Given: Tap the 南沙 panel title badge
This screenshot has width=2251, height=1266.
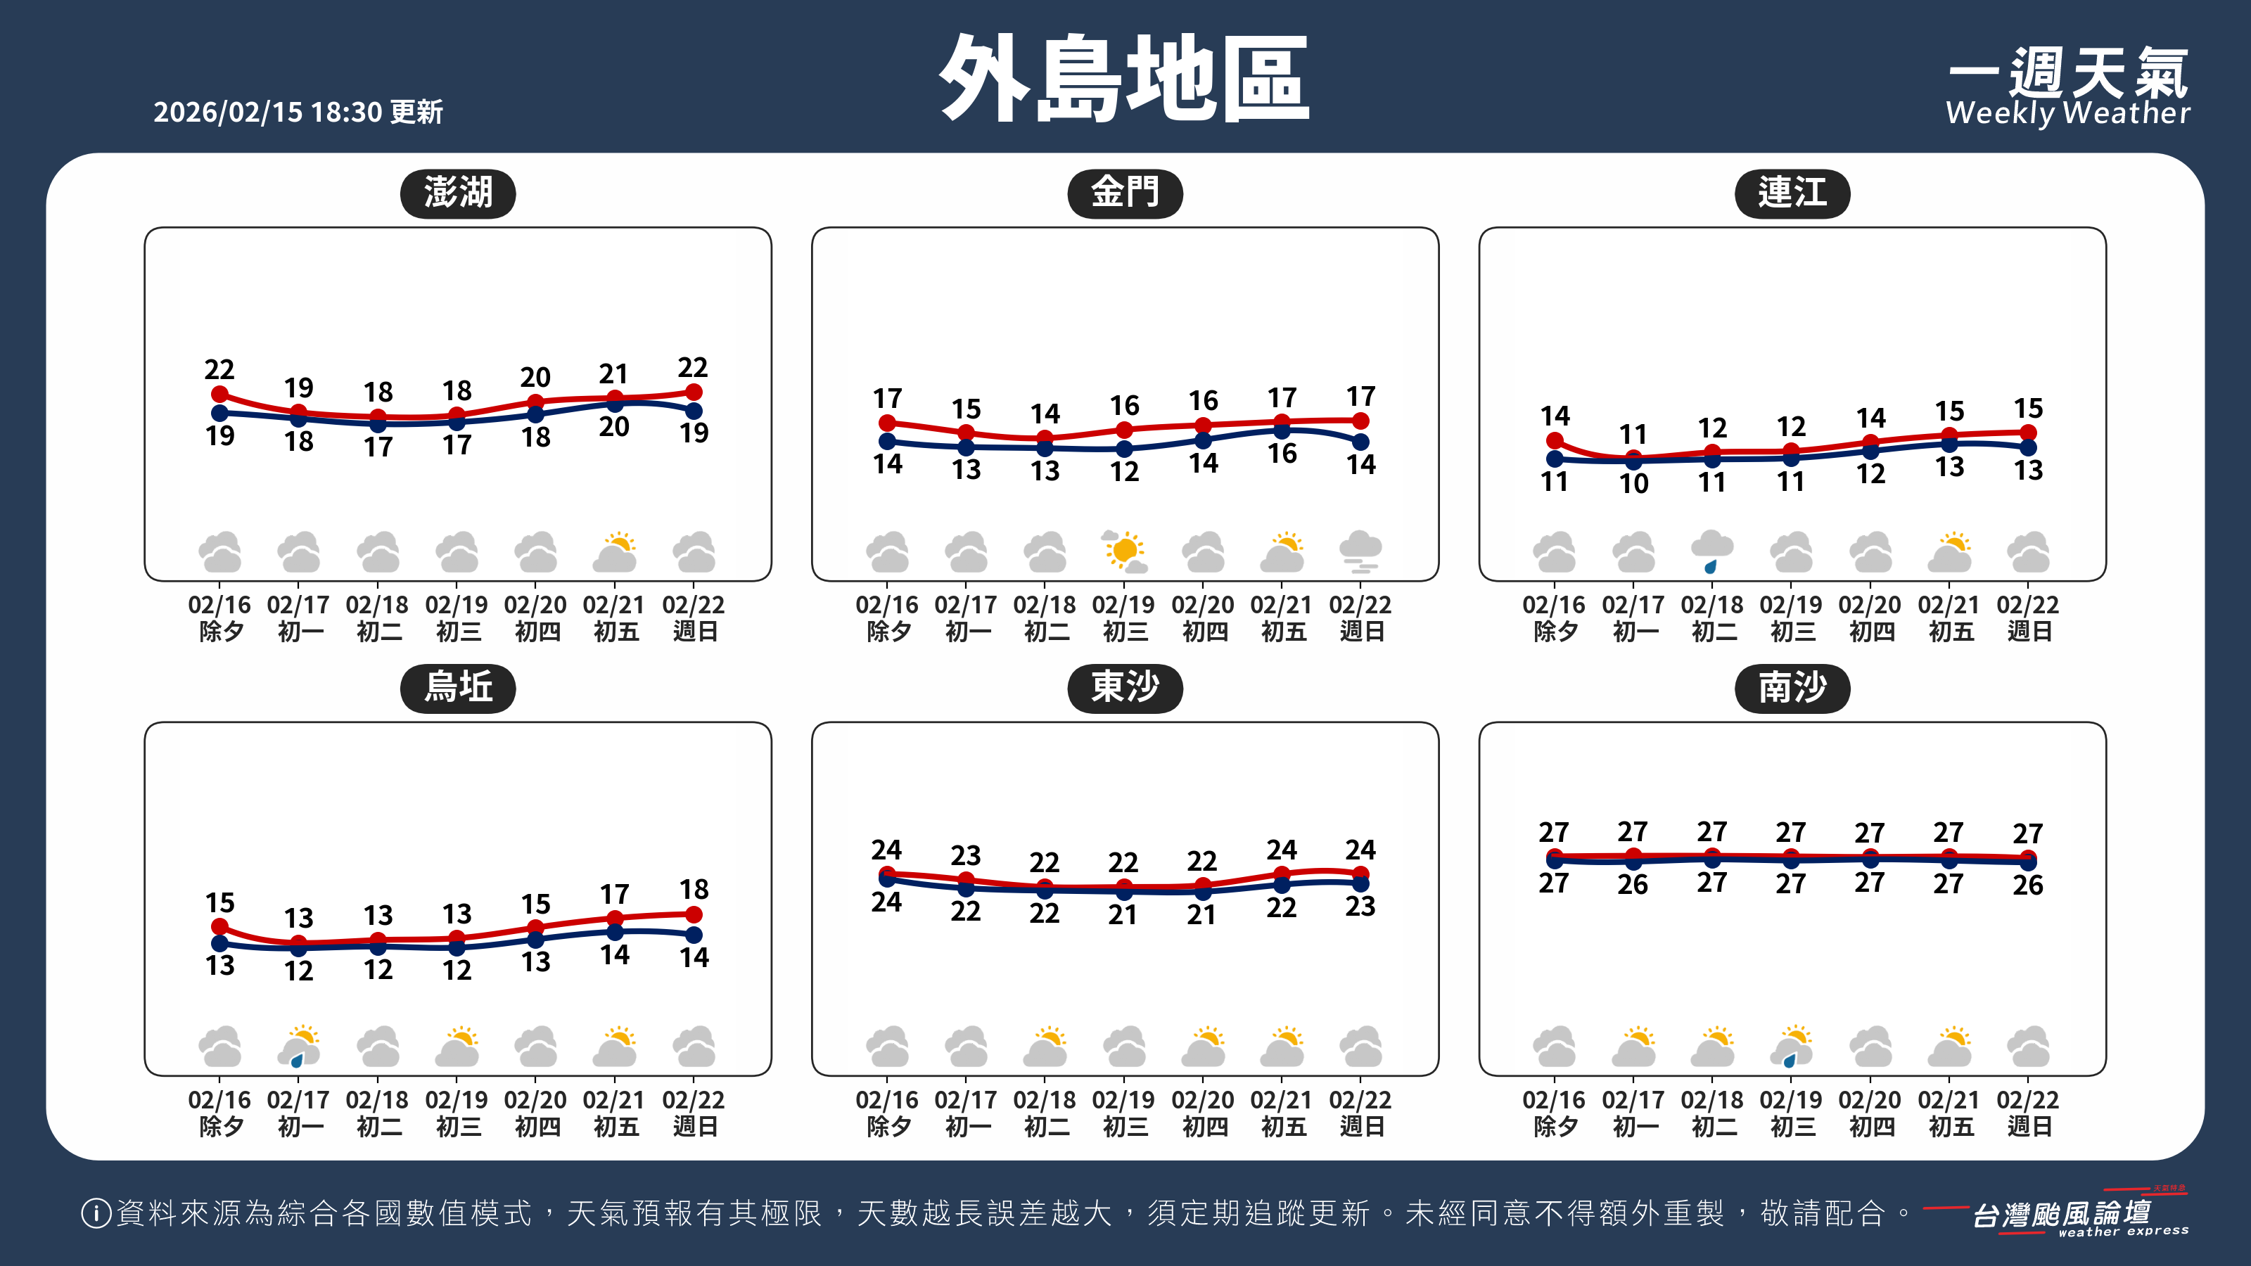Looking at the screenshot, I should click(1792, 688).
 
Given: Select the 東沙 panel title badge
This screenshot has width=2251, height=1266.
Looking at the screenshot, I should click(1125, 688).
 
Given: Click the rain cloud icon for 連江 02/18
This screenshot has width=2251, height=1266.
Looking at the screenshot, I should click(1712, 551).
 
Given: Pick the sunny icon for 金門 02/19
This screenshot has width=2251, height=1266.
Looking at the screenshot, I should click(1124, 551).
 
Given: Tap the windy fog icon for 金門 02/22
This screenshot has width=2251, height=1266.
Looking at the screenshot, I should click(1360, 551).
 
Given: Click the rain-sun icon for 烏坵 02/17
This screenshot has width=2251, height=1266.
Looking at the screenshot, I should click(299, 1046).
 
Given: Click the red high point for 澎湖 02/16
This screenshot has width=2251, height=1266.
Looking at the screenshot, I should click(220, 395).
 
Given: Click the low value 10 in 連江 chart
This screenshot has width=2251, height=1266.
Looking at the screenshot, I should click(1633, 483).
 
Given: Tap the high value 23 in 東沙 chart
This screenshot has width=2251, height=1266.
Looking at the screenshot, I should click(966, 855).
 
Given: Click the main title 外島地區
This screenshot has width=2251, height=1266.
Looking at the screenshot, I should click(1124, 79).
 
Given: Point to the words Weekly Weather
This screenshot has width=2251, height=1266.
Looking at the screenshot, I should click(2067, 113).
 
